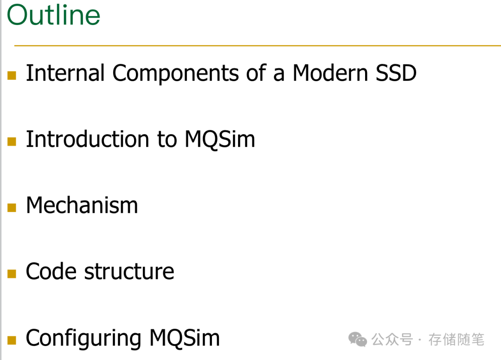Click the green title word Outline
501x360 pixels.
point(53,15)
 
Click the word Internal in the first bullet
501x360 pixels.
point(65,73)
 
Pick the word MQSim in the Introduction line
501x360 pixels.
point(220,139)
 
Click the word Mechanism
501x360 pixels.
point(82,206)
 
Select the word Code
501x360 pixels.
point(51,271)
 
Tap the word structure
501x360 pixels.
point(129,271)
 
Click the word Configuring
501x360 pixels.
point(84,338)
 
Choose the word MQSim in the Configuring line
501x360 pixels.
point(184,338)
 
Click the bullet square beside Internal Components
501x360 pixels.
point(12,75)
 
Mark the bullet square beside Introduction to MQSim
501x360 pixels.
point(12,141)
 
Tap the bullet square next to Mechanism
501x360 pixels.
point(12,207)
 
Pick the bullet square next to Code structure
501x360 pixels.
point(12,274)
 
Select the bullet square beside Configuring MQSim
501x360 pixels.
point(12,340)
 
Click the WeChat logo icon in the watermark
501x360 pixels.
point(358,340)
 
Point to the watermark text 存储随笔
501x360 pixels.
point(456,340)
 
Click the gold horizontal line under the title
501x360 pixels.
point(257,45)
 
